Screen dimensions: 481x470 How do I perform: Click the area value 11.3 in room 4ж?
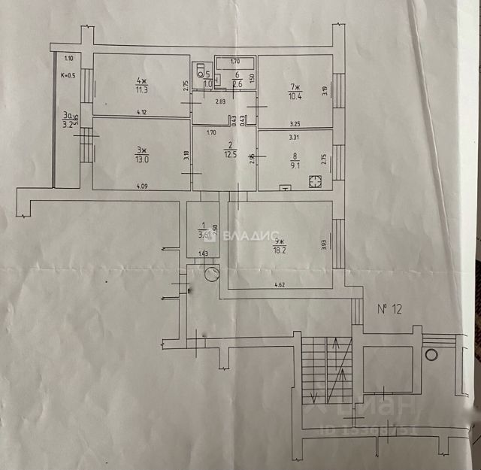point(141,90)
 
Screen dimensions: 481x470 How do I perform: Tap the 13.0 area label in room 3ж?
point(142,159)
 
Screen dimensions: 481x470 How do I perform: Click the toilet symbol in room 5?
point(201,72)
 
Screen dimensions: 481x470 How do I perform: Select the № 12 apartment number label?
point(388,308)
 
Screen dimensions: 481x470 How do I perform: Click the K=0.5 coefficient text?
point(68,74)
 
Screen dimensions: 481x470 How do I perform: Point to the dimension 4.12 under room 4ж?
point(141,112)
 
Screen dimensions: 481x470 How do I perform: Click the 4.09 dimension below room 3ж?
point(141,185)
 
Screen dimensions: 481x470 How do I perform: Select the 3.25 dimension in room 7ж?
point(295,123)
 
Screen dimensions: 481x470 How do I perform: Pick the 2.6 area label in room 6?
point(237,84)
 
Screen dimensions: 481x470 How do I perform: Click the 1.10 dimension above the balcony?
point(68,59)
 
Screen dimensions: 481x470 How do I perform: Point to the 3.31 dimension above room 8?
point(295,138)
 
